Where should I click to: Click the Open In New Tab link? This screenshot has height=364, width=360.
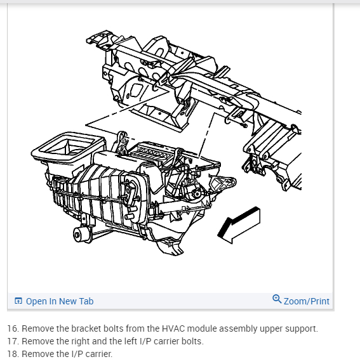click(x=60, y=301)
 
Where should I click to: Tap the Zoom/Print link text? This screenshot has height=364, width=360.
click(x=307, y=301)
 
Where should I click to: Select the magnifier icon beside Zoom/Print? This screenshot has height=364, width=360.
click(x=277, y=299)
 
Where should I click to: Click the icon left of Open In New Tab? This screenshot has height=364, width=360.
click(x=18, y=301)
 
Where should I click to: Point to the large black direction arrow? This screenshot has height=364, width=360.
click(x=239, y=224)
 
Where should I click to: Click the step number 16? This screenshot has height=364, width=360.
click(x=13, y=328)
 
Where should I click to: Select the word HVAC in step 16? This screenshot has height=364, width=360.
click(x=173, y=328)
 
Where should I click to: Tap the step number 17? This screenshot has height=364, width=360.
click(x=13, y=341)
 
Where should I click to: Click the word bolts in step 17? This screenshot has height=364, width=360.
click(x=192, y=341)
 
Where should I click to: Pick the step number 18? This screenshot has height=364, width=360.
click(x=13, y=354)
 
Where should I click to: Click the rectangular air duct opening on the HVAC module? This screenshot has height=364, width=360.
click(x=67, y=146)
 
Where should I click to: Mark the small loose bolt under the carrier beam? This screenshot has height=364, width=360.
click(x=244, y=126)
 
